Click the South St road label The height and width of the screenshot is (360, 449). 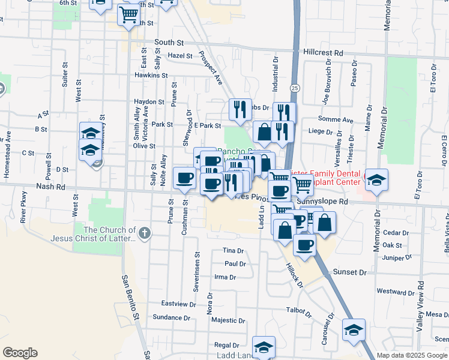tap(168, 43)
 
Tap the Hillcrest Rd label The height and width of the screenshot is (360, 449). tap(323, 52)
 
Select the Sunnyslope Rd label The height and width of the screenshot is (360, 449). tap(326, 202)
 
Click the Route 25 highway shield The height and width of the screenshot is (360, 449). tap(294, 88)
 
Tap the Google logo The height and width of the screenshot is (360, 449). tap(20, 353)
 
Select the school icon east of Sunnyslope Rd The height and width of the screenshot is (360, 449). tap(376, 179)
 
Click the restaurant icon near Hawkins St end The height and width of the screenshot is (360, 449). tap(240, 109)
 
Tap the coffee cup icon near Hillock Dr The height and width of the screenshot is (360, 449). tap(305, 245)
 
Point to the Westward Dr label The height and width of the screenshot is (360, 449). tap(396, 292)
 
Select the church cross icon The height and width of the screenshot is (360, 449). tap(143, 232)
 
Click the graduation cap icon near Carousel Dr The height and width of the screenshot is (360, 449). tap(354, 329)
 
